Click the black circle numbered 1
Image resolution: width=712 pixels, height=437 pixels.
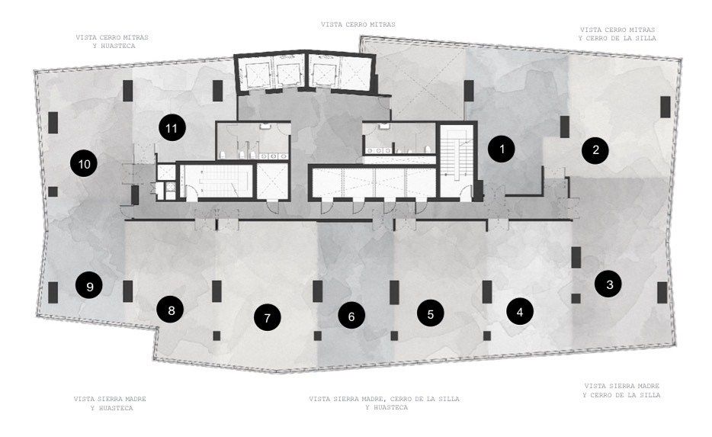(x=502, y=149)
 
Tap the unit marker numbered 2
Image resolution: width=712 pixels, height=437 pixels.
(x=595, y=149)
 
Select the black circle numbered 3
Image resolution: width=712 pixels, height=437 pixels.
(x=608, y=284)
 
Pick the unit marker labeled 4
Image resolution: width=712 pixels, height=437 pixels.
(x=519, y=312)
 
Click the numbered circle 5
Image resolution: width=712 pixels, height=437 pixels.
(x=431, y=313)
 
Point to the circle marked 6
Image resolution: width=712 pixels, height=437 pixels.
(x=351, y=316)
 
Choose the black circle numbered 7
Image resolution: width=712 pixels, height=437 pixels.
(x=267, y=317)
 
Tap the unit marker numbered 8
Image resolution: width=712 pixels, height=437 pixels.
(x=171, y=310)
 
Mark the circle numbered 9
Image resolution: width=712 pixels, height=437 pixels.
(x=89, y=286)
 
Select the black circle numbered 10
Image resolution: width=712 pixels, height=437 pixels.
(x=84, y=163)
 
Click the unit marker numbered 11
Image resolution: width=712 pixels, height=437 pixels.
(x=172, y=128)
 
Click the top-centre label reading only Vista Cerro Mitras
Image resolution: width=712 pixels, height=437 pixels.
(x=358, y=24)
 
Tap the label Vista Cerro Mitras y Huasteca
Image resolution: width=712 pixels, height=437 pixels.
(x=112, y=41)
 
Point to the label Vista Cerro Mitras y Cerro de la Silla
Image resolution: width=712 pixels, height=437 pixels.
(x=617, y=34)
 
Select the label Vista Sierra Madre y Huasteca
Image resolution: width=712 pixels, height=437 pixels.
(x=110, y=403)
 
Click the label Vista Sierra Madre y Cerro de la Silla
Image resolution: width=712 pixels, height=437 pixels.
(x=621, y=390)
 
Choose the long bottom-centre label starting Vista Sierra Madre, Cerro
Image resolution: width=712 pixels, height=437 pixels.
(x=384, y=403)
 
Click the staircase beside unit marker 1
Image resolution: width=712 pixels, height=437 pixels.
(x=456, y=162)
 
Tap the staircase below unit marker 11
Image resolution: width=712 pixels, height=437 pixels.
(x=217, y=182)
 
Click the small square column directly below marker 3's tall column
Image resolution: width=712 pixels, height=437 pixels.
(x=576, y=298)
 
